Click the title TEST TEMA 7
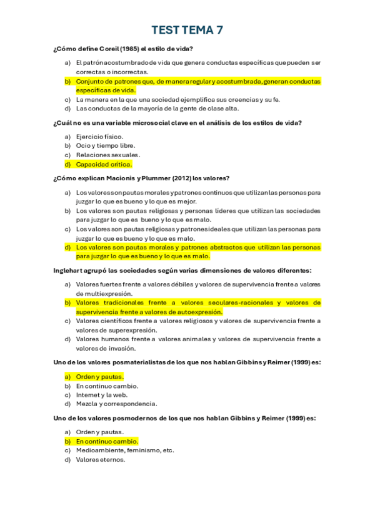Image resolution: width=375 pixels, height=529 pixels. pyautogui.click(x=187, y=30)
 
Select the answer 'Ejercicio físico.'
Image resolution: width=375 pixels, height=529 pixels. pyautogui.click(x=99, y=137)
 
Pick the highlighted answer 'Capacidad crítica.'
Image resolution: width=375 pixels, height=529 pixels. pyautogui.click(x=104, y=165)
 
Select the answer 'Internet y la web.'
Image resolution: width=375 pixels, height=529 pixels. pyautogui.click(x=101, y=395)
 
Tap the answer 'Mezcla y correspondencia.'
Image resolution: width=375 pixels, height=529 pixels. pyautogui.click(x=116, y=404)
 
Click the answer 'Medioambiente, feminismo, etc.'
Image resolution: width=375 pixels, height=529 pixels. pyautogui.click(x=125, y=450)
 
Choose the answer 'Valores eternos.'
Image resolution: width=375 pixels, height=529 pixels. pyautogui.click(x=101, y=460)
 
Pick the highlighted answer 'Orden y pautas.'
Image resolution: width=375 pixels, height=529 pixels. pyautogui.click(x=99, y=376)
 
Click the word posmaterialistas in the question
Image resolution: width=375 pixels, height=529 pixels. pyautogui.click(x=139, y=362)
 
